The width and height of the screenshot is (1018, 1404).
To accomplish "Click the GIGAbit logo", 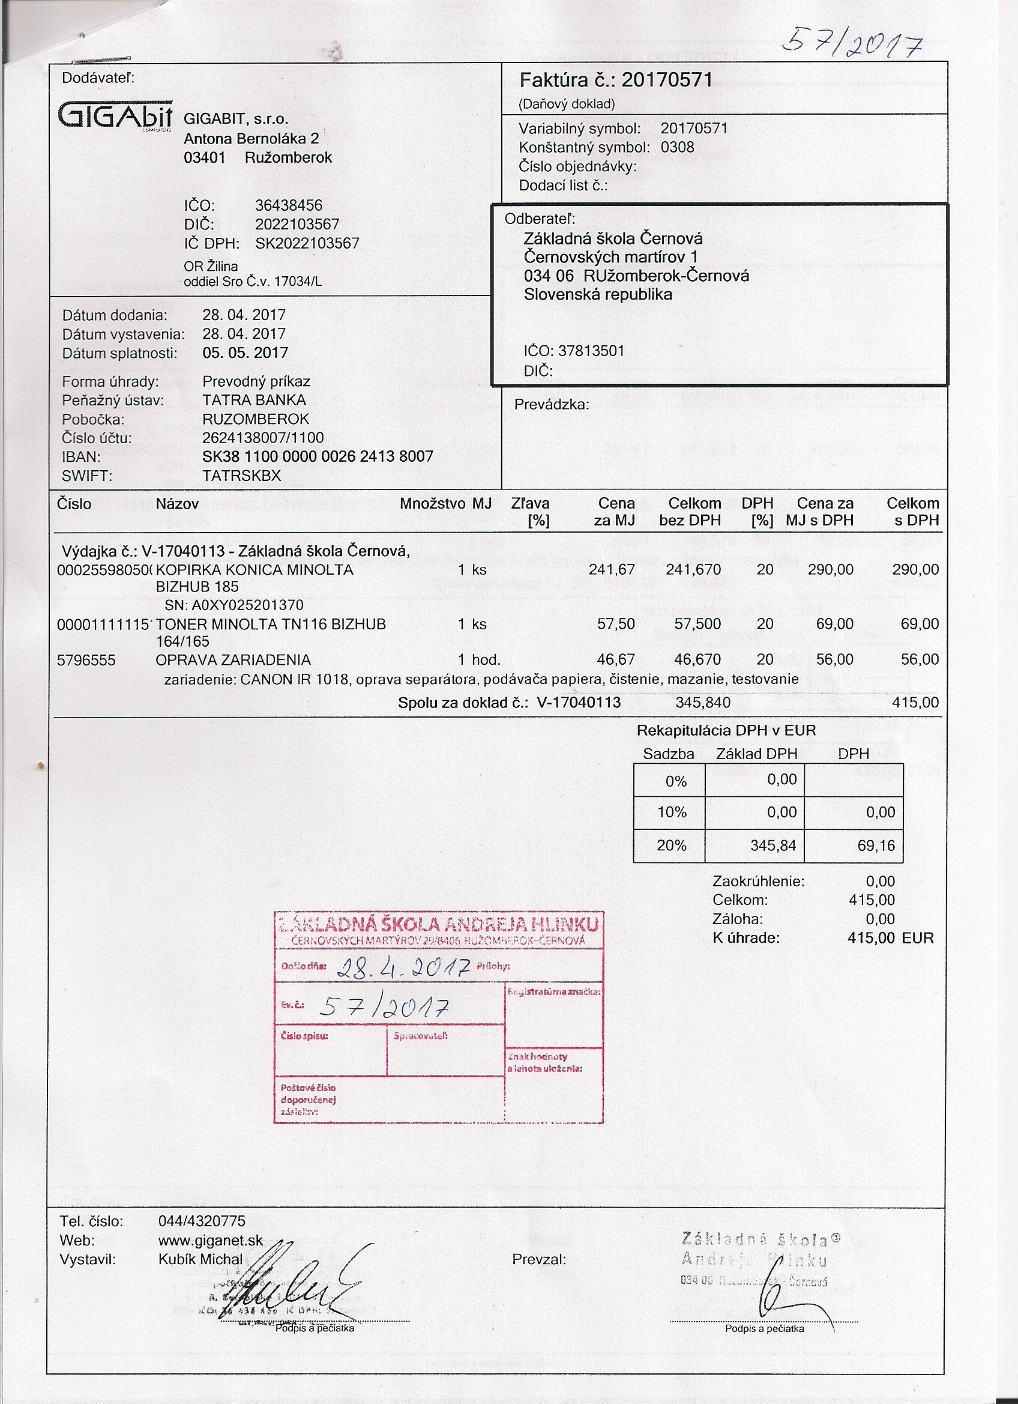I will point(115,115).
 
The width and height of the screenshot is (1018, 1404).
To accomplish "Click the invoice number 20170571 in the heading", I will point(666,80).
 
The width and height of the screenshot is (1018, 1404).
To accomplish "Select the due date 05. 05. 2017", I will point(245,353).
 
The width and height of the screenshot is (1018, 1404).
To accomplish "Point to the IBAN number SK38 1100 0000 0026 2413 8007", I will point(318,457).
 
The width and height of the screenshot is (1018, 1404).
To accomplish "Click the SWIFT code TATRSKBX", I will point(241,476).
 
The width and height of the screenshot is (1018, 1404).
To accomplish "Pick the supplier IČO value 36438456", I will point(288,205).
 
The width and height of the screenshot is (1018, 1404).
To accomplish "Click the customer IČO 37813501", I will point(591,351).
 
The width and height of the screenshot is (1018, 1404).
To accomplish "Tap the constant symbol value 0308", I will point(677,147).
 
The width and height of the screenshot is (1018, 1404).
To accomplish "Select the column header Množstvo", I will point(432,503).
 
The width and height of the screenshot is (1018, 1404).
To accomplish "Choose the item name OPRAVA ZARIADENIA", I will point(233,660).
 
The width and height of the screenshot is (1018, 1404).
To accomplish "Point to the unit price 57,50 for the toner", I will point(616,624).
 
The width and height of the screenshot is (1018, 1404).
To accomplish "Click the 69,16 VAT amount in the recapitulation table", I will point(876,846).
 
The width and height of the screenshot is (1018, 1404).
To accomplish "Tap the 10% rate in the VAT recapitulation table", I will point(672,812).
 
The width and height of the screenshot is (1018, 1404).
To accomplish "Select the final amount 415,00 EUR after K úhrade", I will point(890,938).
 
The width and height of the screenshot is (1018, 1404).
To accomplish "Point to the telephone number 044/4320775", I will point(202,1221).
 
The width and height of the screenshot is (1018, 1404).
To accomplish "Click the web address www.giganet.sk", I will point(211,1241).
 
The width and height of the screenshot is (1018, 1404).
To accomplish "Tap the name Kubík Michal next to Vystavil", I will point(200,1260).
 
